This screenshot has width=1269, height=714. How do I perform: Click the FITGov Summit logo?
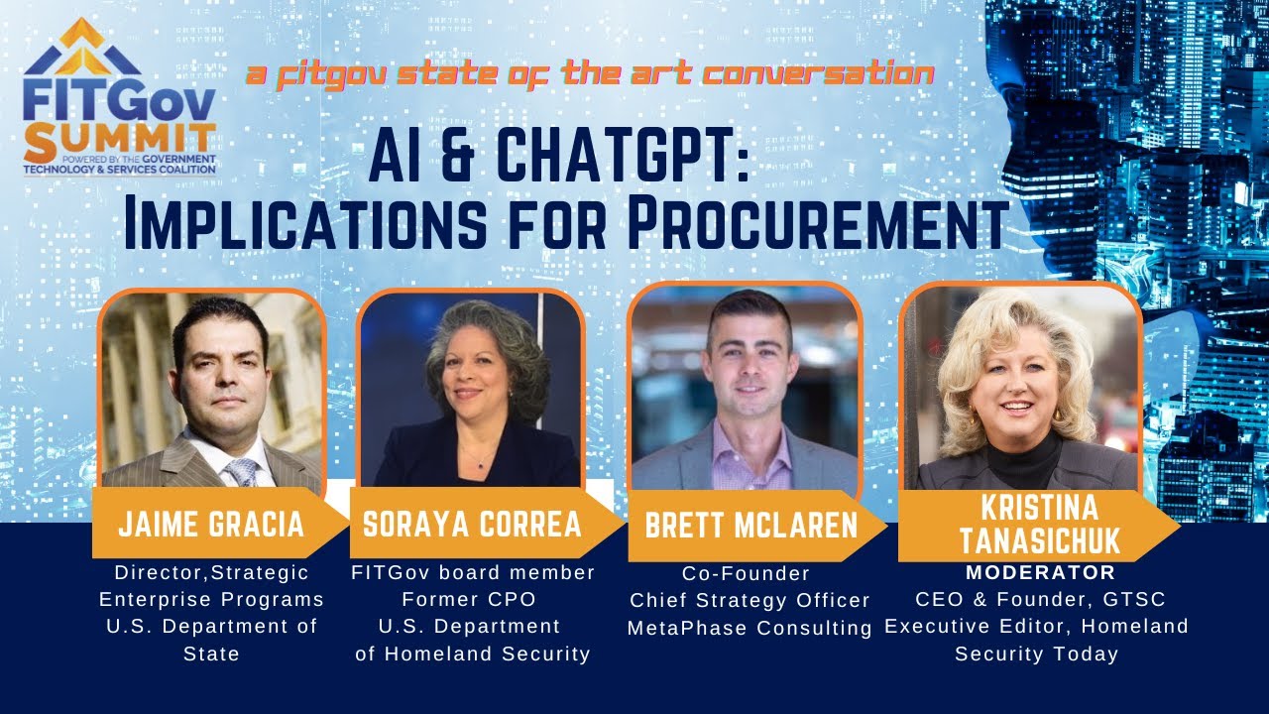click(119, 103)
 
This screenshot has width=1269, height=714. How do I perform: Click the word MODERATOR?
click(1040, 573)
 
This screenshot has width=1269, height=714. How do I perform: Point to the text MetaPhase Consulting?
click(750, 628)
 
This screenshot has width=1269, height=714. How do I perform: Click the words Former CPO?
click(472, 600)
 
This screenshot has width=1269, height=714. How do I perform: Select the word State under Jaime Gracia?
click(211, 654)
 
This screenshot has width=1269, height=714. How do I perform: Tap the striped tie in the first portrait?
click(240, 471)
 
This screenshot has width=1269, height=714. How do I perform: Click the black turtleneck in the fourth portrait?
click(1026, 462)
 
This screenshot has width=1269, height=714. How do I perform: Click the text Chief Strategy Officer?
click(750, 601)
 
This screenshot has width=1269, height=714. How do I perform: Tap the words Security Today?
click(1036, 654)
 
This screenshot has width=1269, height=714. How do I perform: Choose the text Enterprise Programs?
click(211, 600)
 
